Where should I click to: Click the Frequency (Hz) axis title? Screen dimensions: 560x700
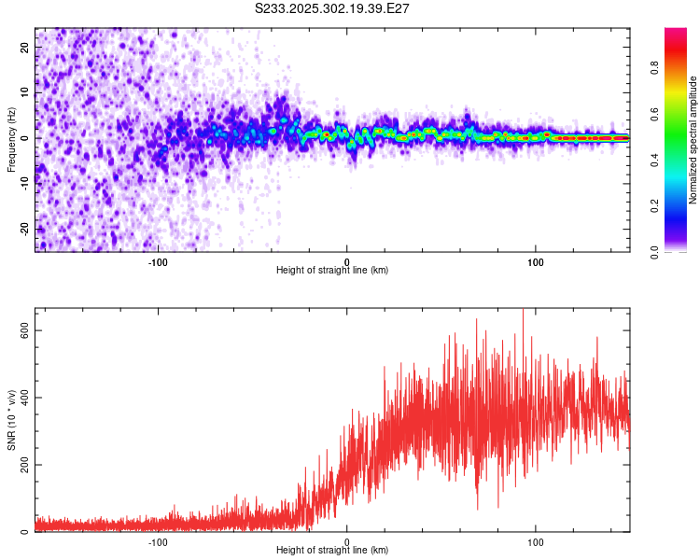click(11, 138)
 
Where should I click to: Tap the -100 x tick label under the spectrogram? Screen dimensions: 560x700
click(158, 261)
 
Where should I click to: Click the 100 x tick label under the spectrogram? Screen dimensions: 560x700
click(536, 261)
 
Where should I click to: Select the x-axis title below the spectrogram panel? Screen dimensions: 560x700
click(332, 271)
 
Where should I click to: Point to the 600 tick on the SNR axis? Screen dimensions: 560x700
click(23, 330)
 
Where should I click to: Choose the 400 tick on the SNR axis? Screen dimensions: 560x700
click(23, 398)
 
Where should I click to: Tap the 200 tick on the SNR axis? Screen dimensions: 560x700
click(23, 465)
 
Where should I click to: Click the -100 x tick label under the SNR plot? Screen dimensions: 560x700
click(158, 541)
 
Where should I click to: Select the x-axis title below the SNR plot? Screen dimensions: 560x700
click(332, 551)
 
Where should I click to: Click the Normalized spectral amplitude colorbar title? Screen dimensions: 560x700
click(693, 140)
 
